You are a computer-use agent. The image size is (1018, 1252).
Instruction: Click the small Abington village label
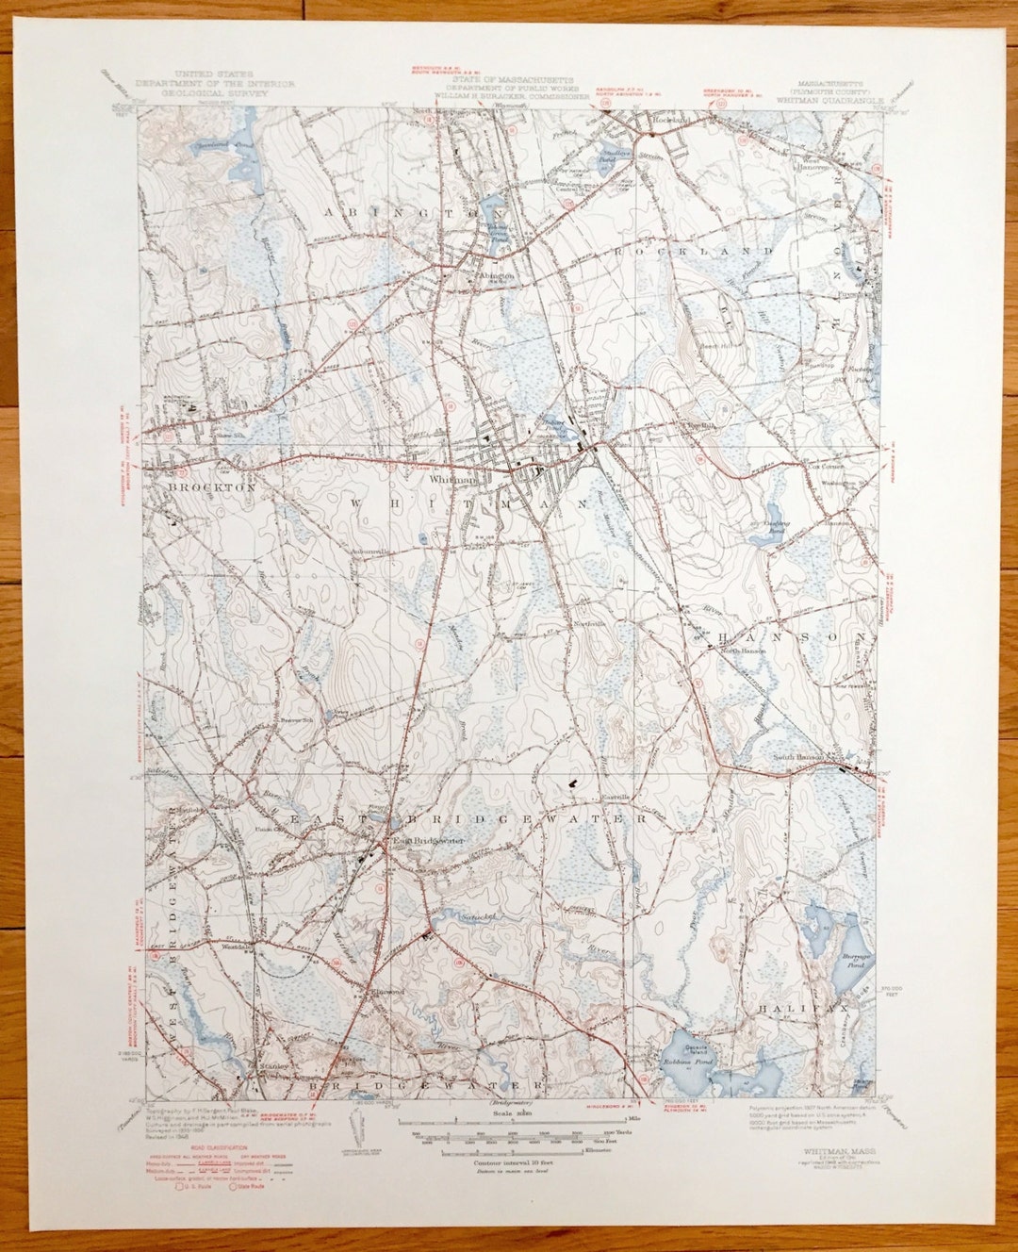[493, 276]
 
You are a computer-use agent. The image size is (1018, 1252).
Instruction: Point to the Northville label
[586, 622]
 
